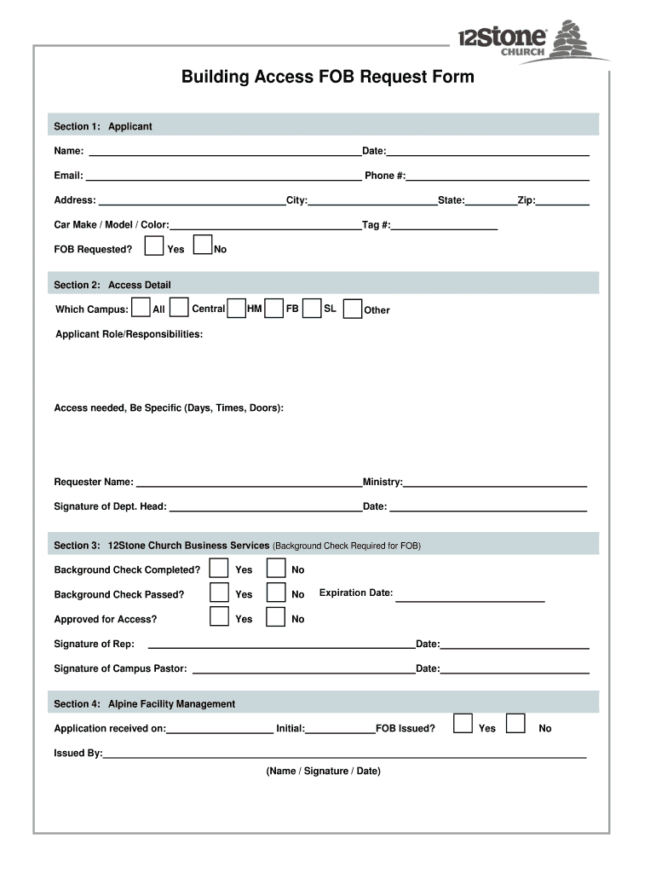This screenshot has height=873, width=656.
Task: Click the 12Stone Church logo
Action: tap(532, 39)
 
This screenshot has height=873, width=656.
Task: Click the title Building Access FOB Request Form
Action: tap(327, 78)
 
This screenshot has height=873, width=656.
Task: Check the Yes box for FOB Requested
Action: tap(154, 246)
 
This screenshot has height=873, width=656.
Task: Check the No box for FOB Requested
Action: tap(203, 246)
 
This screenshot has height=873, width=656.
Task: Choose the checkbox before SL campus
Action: tap(312, 309)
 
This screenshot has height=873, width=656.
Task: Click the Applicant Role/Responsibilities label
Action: tap(129, 334)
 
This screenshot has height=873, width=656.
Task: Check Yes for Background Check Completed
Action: tap(220, 569)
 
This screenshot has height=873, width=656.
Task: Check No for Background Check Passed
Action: tap(275, 593)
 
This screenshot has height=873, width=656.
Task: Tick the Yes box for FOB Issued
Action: tap(463, 724)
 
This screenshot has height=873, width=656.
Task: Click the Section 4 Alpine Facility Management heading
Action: tap(145, 704)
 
